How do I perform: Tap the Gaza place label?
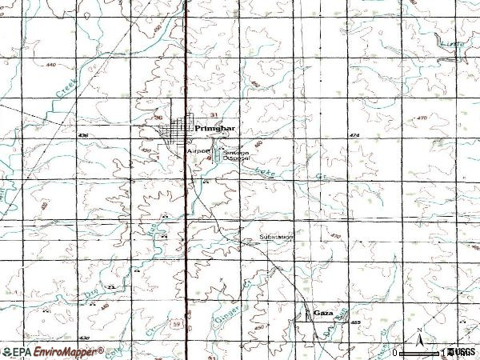[x=323, y=311]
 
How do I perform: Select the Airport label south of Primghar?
[x=197, y=150]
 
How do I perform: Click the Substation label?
[x=276, y=238]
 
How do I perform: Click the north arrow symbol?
[x=418, y=335]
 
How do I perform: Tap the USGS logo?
[x=464, y=351]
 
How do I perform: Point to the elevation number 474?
[x=354, y=137]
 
